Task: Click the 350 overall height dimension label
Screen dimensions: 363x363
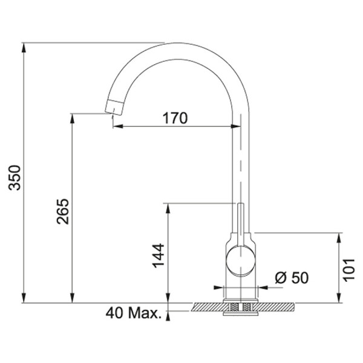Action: coord(15,177)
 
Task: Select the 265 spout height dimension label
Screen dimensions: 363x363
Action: coord(63,211)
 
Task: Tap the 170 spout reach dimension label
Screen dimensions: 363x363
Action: coord(175,118)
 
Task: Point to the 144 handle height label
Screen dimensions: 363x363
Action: coord(158,255)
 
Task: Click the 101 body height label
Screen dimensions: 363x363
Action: coord(348,270)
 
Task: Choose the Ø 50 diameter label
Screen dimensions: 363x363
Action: coord(292,277)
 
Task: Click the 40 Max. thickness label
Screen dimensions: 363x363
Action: coord(133,313)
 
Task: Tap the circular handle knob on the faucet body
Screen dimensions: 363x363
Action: coord(241,261)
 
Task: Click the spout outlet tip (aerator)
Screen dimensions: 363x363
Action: coord(114,107)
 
